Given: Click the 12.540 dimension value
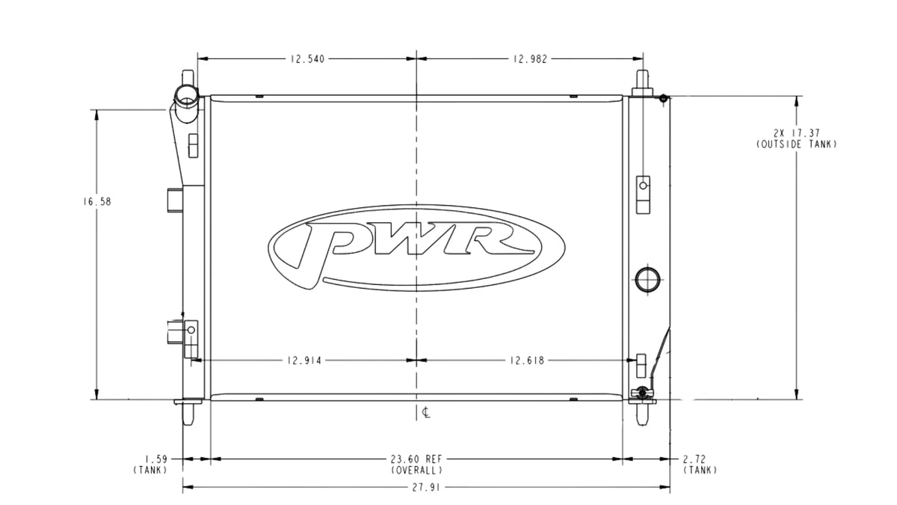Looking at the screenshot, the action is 307,59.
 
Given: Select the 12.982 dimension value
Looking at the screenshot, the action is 530,59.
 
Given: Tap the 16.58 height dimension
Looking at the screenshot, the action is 97,201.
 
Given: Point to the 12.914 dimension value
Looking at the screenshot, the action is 304,361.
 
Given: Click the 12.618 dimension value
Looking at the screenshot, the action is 527,361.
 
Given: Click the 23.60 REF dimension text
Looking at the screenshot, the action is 416,459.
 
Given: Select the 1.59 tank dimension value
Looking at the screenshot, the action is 156,459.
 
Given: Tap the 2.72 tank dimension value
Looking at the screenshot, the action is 694,459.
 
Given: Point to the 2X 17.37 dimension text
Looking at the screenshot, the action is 797,132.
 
